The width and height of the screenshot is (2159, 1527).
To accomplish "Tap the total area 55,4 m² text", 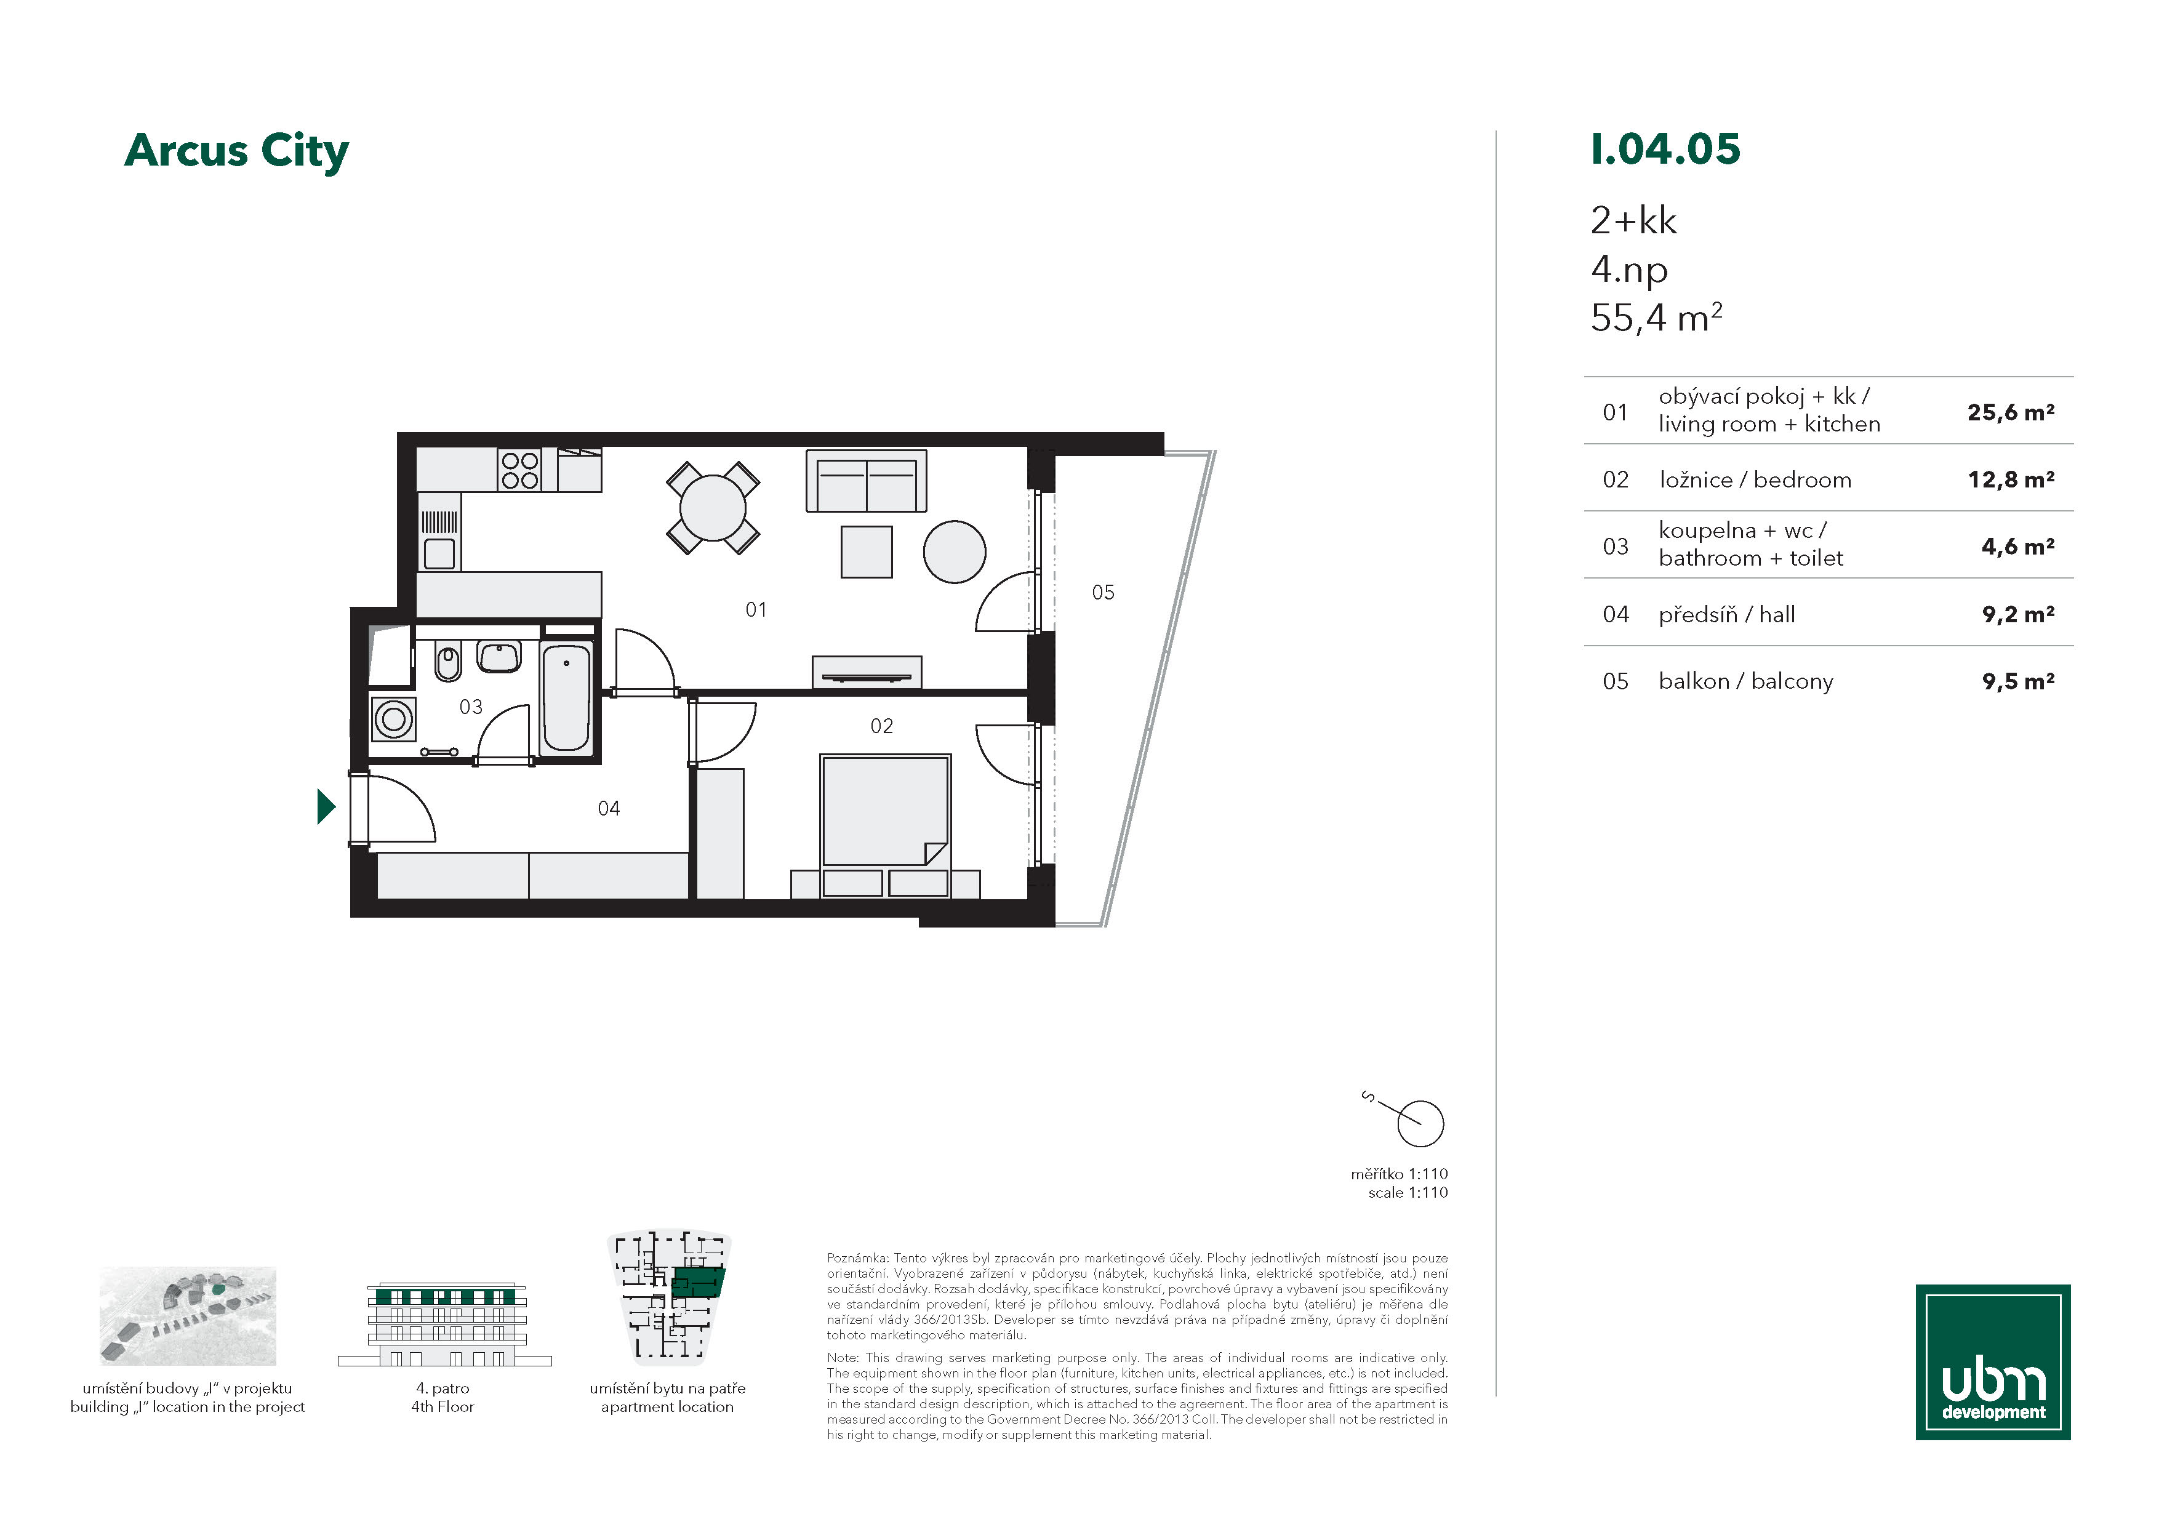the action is [x=1656, y=318].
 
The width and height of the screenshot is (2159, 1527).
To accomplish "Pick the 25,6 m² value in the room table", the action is [x=2011, y=412].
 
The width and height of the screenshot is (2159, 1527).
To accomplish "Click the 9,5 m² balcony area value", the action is [x=2018, y=681].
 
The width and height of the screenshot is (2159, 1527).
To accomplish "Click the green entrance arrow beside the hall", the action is [x=326, y=806].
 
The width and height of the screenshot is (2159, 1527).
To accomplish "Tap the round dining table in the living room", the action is [x=713, y=508].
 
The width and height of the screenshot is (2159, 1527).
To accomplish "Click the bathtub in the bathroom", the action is [x=567, y=698].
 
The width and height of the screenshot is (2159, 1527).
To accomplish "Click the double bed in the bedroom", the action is [x=885, y=811].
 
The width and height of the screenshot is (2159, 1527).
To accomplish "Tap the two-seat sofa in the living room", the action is [x=866, y=481].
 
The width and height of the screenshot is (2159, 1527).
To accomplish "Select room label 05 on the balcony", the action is [x=1103, y=592].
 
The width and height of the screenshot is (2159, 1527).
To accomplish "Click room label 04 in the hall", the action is [x=609, y=809].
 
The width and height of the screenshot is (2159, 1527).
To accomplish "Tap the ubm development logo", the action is [x=1993, y=1361].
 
